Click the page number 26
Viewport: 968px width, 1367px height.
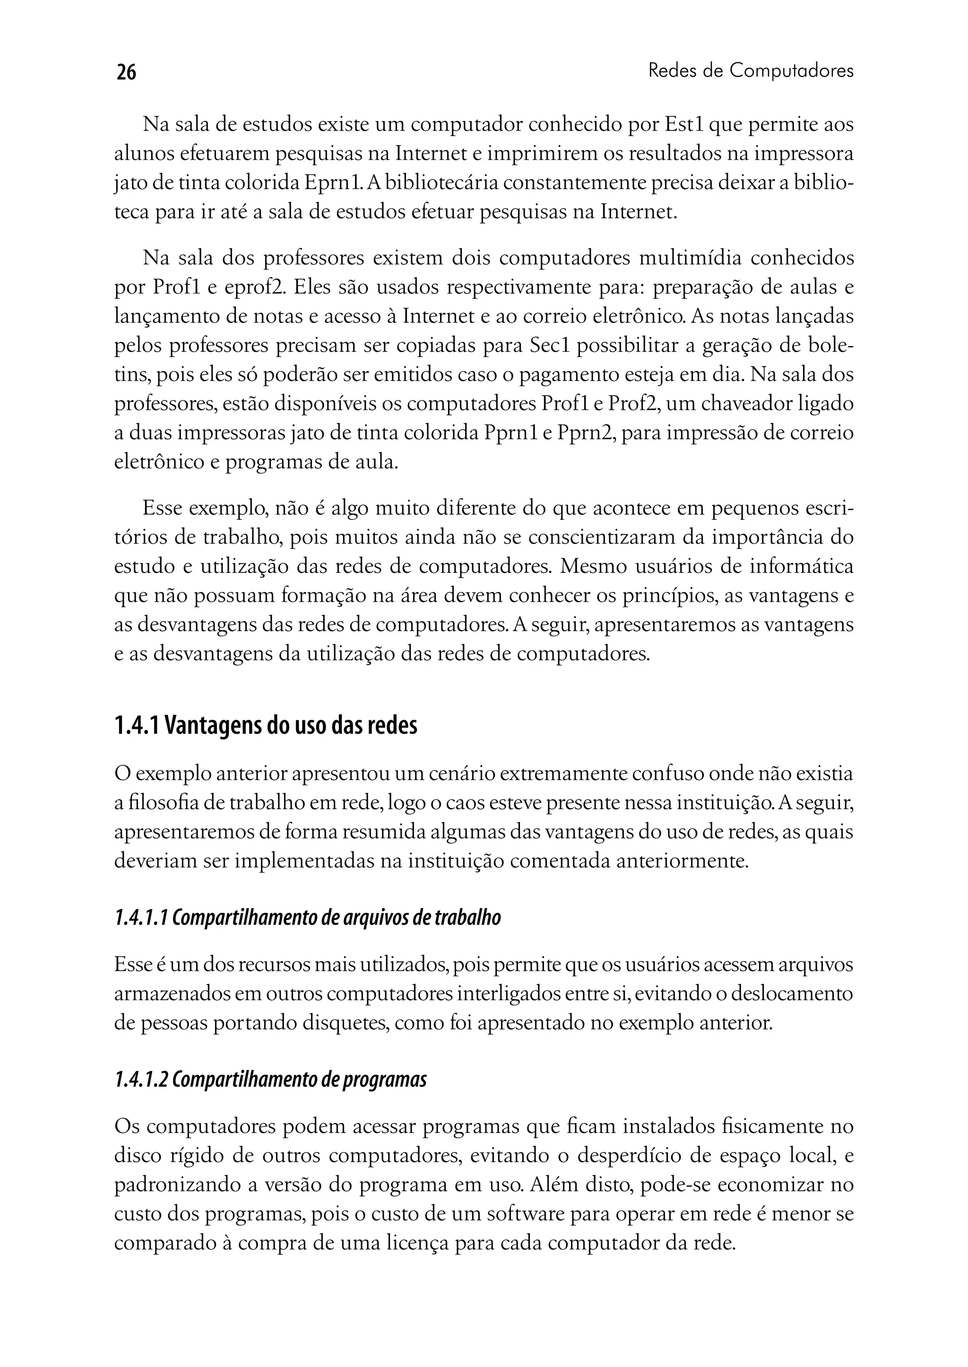tap(126, 72)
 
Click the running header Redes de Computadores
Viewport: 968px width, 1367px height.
tap(751, 71)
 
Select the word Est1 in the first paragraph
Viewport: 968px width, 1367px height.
tap(683, 125)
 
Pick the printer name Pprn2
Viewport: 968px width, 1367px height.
tap(585, 433)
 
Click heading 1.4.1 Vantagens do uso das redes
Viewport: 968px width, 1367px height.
tap(265, 726)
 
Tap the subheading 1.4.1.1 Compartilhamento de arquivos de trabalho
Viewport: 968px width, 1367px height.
tap(307, 917)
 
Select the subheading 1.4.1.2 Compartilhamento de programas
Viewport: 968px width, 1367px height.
tap(270, 1079)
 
